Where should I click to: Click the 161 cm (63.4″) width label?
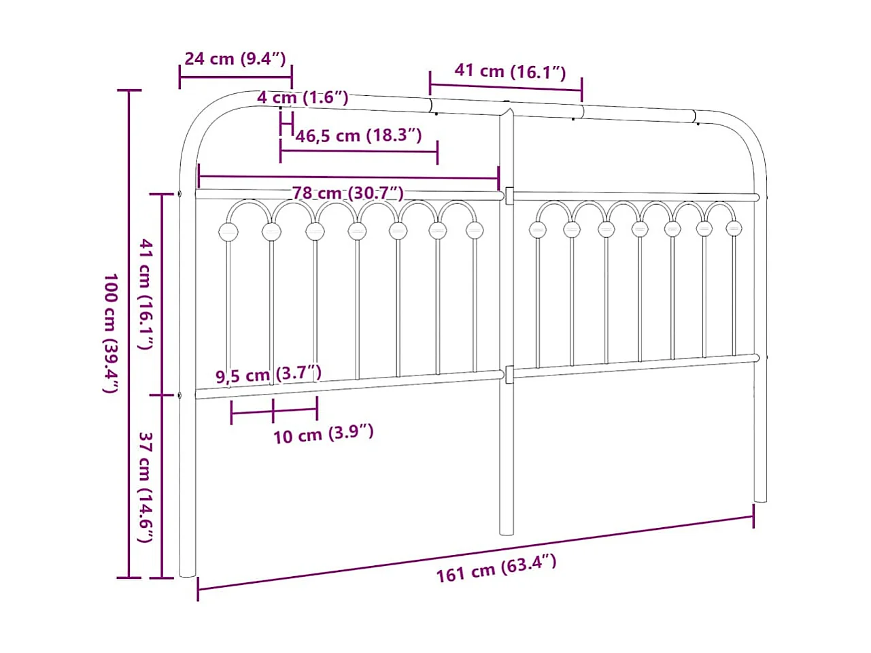pyautogui.click(x=496, y=569)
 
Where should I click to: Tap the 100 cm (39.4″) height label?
pyautogui.click(x=110, y=333)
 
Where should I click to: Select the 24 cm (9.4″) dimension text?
pyautogui.click(x=235, y=58)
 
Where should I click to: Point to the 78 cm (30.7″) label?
pyautogui.click(x=347, y=193)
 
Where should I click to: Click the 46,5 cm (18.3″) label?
pyautogui.click(x=358, y=135)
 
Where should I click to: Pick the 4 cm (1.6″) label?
pyautogui.click(x=302, y=97)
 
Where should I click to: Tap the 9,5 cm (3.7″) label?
pyautogui.click(x=268, y=374)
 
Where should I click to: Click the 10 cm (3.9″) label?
pyautogui.click(x=323, y=434)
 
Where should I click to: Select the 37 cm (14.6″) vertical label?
pyautogui.click(x=145, y=486)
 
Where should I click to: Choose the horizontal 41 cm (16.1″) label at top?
pyautogui.click(x=509, y=71)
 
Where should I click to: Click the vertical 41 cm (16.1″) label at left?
pyautogui.click(x=145, y=294)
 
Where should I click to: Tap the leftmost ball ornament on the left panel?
pyautogui.click(x=228, y=231)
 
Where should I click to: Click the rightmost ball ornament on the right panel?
pyautogui.click(x=733, y=229)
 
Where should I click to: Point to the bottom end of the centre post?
pyautogui.click(x=507, y=531)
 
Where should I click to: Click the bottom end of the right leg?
pyautogui.click(x=760, y=499)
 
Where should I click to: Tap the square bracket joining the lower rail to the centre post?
pyautogui.click(x=509, y=373)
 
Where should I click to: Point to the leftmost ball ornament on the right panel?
pyautogui.click(x=537, y=229)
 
